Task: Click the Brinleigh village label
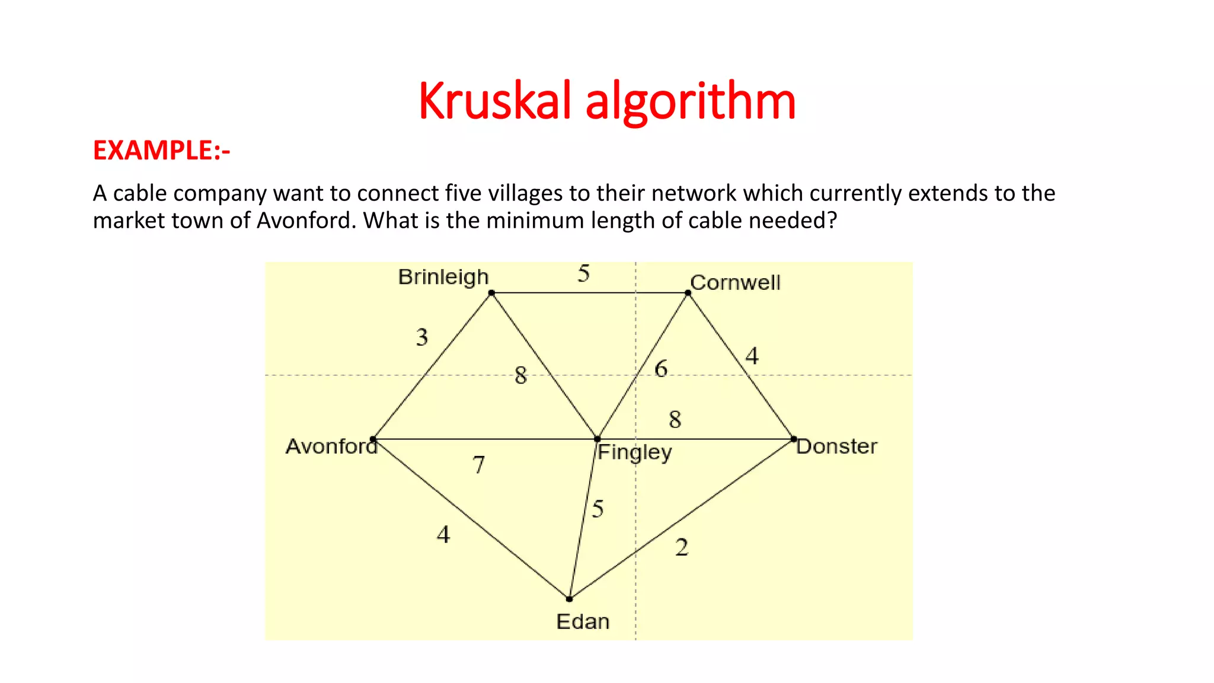coord(443,277)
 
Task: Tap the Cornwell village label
coord(735,282)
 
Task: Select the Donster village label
coord(836,446)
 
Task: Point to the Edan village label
coord(583,621)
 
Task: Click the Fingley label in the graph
coord(634,452)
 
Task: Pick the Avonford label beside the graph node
coord(331,446)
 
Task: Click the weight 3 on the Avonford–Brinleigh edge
coord(421,337)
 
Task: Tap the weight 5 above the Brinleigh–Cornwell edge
coord(584,273)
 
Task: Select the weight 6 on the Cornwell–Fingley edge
coord(661,369)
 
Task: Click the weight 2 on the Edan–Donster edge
coord(682,547)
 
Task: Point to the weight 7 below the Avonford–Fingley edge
coord(479,465)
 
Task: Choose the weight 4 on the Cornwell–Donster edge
coord(752,356)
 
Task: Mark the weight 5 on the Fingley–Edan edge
coord(598,509)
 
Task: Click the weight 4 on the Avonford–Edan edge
coord(443,535)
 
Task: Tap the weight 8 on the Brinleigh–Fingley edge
coord(520,375)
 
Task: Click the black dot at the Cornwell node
coord(688,293)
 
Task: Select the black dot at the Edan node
coord(569,599)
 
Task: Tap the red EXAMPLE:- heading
coord(161,151)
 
